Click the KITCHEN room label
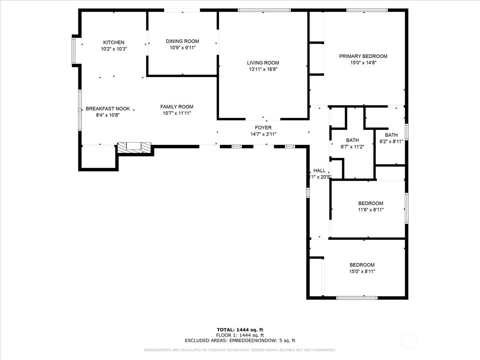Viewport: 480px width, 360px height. click(114, 42)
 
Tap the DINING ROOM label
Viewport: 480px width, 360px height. click(182, 41)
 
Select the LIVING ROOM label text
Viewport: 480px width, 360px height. click(263, 63)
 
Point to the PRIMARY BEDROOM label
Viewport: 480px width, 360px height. click(363, 56)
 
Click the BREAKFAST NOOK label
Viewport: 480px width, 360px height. click(108, 109)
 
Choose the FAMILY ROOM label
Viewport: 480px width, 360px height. click(177, 107)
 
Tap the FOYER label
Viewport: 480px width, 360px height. click(263, 128)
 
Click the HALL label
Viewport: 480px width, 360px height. click(319, 170)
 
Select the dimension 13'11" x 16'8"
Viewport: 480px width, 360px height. click(263, 69)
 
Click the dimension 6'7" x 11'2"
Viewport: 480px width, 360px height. click(352, 147)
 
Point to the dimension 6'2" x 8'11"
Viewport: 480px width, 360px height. click(391, 142)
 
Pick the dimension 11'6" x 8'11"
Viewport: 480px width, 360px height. click(370, 210)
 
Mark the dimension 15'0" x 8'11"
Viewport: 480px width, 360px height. click(362, 271)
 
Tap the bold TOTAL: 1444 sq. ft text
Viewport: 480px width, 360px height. click(240, 330)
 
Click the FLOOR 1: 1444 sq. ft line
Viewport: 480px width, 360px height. click(240, 335)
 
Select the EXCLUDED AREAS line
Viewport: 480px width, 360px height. click(240, 341)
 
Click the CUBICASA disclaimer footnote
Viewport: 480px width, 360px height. click(240, 350)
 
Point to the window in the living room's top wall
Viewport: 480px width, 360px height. click(264, 10)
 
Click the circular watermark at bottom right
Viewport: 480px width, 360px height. click(409, 341)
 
